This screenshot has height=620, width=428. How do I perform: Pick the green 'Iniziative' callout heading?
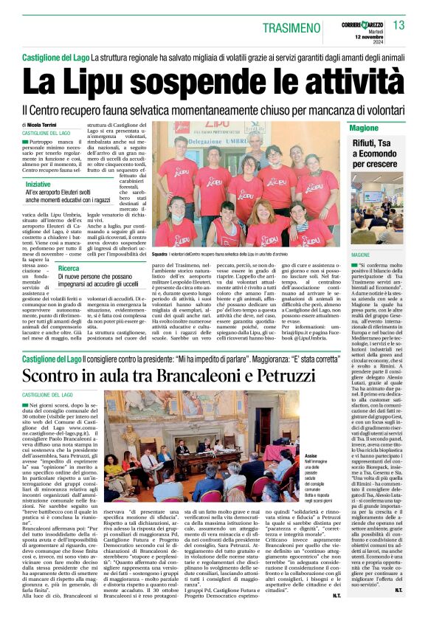click(43, 184)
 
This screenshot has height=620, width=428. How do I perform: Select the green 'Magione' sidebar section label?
click(364, 128)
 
